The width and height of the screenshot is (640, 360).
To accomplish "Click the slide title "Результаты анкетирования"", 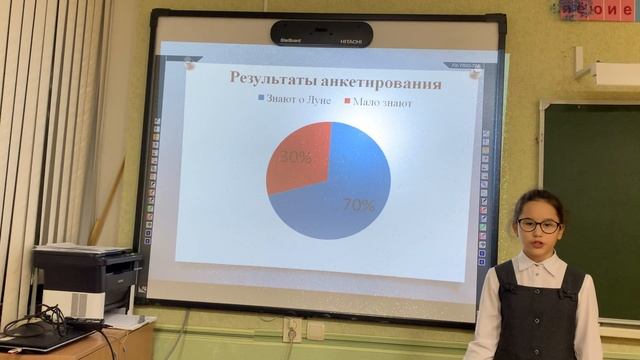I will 336,80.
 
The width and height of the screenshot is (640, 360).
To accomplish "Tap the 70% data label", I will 358,206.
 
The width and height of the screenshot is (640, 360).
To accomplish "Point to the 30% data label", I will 296,157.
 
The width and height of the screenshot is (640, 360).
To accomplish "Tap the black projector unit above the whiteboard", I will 321,34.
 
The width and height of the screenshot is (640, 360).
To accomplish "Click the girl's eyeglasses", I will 539,226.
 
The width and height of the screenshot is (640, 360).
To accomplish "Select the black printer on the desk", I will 87,280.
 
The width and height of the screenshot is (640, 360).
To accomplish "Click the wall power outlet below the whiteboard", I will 293,329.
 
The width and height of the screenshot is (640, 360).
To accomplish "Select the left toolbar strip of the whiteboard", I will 149,180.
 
